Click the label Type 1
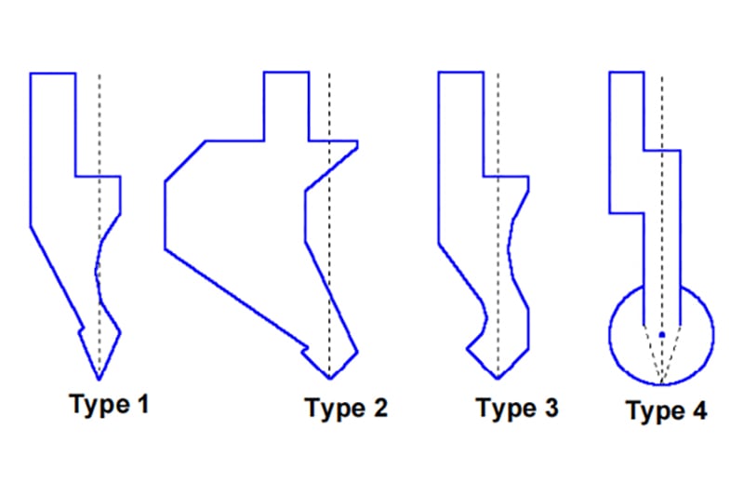pyautogui.click(x=109, y=405)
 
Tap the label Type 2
pyautogui.click(x=346, y=409)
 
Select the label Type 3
pyautogui.click(x=517, y=409)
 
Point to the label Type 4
pyautogui.click(x=667, y=410)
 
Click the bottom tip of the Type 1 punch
pyautogui.click(x=100, y=380)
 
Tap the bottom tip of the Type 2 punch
pyautogui.click(x=330, y=379)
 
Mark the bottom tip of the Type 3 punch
pyautogui.click(x=498, y=379)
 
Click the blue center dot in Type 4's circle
pyautogui.click(x=662, y=335)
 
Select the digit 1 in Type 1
pyautogui.click(x=143, y=404)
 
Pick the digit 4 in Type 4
pyautogui.click(x=699, y=410)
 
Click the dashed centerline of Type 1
pyautogui.click(x=100, y=226)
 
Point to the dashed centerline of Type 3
pyautogui.click(x=498, y=225)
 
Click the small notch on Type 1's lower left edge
pyautogui.click(x=82, y=328)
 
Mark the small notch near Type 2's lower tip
pyautogui.click(x=305, y=350)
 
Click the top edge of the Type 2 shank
pyautogui.click(x=286, y=73)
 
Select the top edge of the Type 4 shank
pyautogui.click(x=627, y=73)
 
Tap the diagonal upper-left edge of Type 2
pyautogui.click(x=185, y=161)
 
